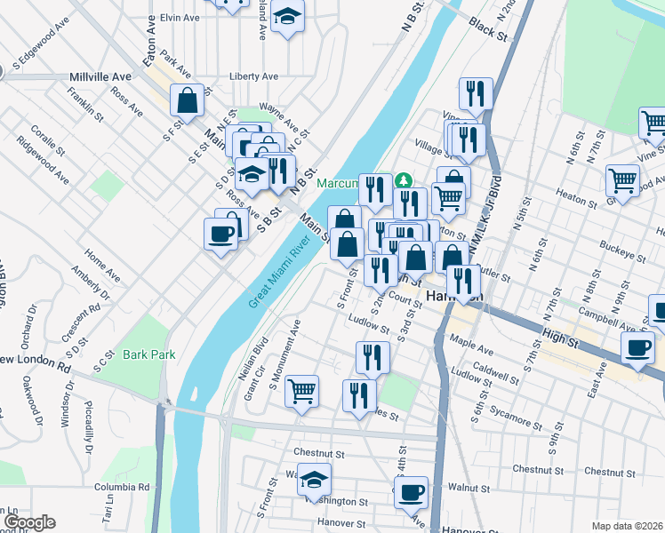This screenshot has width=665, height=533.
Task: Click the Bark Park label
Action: tap(148, 354)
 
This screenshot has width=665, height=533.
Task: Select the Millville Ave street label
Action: tap(100, 77)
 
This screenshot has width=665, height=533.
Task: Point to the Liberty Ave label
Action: tap(254, 76)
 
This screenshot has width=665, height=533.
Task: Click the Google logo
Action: tap(28, 522)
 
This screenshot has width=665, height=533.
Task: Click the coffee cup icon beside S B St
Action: tap(220, 235)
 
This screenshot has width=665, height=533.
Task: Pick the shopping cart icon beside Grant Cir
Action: tap(302, 390)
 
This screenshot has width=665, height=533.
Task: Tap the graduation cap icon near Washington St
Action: tap(313, 480)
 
